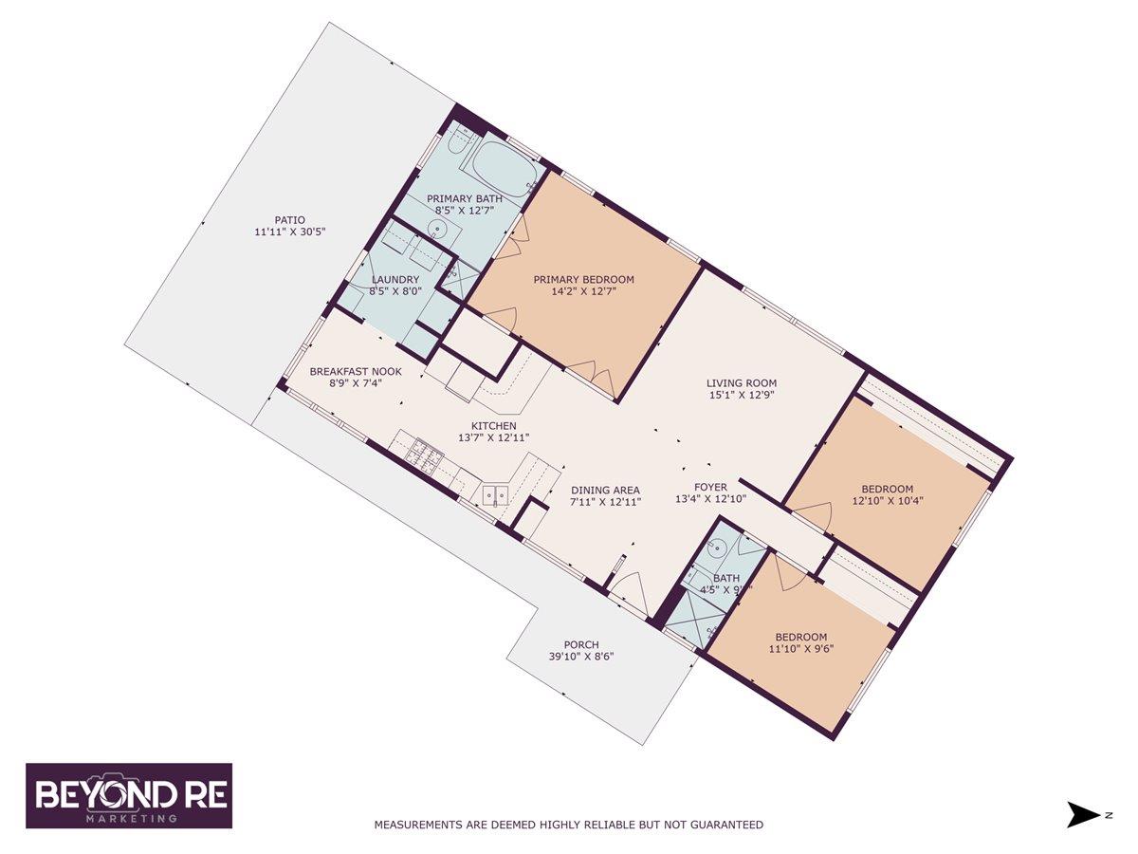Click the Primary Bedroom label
tap(582, 279)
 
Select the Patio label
tap(289, 219)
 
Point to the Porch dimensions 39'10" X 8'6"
tap(580, 657)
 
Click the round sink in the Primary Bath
tap(437, 229)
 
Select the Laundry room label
tap(395, 279)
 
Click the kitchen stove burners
tap(424, 455)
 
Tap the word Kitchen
tap(494, 426)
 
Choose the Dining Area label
tap(605, 491)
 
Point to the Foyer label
tap(710, 488)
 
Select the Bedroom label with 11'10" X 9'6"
tap(800, 637)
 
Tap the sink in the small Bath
tap(719, 548)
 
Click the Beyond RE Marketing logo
tap(129, 795)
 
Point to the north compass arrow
tap(1081, 814)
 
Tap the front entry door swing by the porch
tap(629, 595)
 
